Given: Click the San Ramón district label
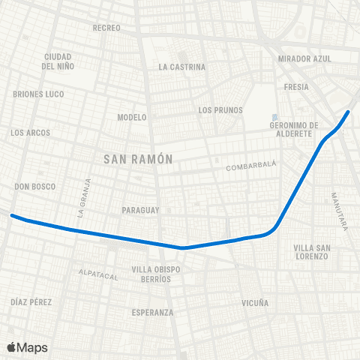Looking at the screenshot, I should tap(138, 159).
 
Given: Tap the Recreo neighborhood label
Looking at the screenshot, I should tap(106, 28).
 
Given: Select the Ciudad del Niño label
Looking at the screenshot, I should tap(57, 61).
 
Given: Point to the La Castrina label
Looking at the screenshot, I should tap(181, 67).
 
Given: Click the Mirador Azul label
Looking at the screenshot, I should tap(304, 58).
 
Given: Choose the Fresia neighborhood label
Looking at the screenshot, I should tap(297, 87).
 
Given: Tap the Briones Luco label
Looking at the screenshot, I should tap(39, 94).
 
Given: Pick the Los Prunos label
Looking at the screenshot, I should tap(220, 110).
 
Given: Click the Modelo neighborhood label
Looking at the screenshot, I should tap(132, 117).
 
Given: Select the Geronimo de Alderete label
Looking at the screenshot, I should tap(295, 129).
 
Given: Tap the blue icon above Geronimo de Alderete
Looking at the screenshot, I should tap(275, 117).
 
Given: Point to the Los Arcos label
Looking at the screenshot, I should tap(31, 133).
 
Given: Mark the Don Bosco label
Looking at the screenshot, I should tap(34, 186).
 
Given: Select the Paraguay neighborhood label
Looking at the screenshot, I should tap(140, 211).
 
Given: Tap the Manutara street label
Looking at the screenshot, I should tap(338, 211).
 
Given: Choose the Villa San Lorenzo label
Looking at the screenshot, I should tap(311, 252).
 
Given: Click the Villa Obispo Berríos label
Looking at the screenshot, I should tap(151, 274).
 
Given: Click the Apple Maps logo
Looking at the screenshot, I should tap(27, 347).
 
